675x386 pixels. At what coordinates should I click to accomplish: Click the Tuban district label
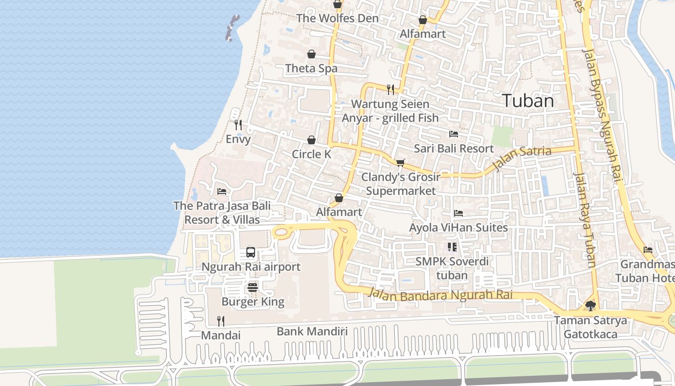pos(528,101)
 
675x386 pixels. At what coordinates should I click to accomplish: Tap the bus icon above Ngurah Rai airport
pos(251,252)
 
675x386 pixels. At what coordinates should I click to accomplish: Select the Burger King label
pos(253,302)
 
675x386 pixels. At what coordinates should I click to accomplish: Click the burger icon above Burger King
pos(253,288)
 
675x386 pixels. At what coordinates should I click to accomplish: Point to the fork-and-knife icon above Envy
pos(238,125)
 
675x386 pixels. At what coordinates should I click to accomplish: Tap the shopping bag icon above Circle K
pos(311,140)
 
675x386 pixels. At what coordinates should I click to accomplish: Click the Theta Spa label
pos(311,69)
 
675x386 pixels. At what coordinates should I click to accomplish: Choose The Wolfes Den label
pos(337,18)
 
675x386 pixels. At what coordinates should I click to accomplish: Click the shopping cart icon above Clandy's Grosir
pos(400,163)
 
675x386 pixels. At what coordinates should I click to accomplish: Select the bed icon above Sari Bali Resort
pos(453,134)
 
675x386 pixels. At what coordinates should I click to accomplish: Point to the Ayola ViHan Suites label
pos(458,227)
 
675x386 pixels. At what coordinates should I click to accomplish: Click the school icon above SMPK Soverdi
pos(452,247)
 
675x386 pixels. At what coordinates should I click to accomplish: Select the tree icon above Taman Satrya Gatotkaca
pos(590,305)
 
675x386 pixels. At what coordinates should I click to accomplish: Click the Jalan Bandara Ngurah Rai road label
pos(440,294)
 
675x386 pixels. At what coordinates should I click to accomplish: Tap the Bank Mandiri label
pos(312,331)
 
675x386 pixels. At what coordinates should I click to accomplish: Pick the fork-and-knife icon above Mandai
pos(220,321)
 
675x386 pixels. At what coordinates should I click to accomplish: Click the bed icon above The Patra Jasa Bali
pos(222,192)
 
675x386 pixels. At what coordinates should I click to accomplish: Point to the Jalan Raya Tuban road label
pos(585,220)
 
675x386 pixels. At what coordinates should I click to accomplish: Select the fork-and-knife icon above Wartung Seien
pos(390,89)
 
